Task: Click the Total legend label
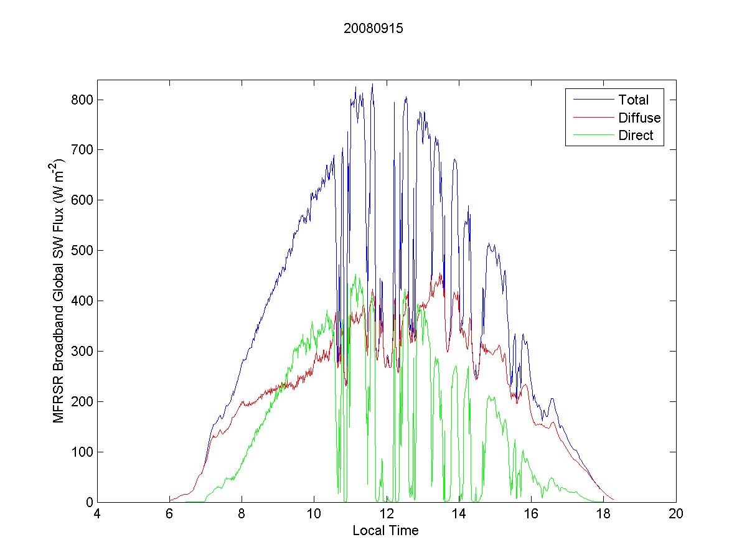tap(633, 100)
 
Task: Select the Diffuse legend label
tap(639, 118)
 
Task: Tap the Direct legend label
tap(636, 136)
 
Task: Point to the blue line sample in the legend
tap(591, 100)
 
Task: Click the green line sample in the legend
tap(591, 136)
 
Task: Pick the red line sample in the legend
tap(591, 118)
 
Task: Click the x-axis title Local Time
tap(385, 531)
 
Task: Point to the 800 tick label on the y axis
tap(83, 100)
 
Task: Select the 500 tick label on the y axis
tap(83, 251)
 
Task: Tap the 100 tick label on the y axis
tap(83, 452)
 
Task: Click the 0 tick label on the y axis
tap(89, 502)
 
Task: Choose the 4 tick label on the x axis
tap(97, 515)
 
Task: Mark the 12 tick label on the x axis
tap(387, 515)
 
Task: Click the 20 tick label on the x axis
tap(676, 515)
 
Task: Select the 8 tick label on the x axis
tap(242, 515)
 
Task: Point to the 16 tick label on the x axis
tap(531, 515)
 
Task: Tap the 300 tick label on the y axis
tap(83, 352)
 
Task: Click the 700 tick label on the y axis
tap(83, 150)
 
